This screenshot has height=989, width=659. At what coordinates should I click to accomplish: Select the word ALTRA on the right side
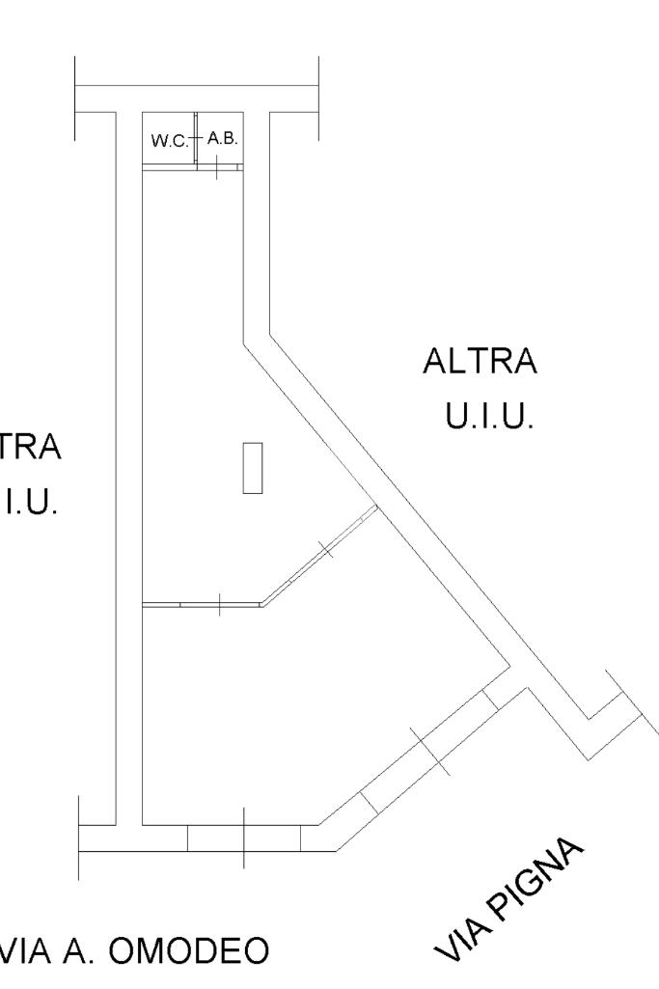(x=480, y=365)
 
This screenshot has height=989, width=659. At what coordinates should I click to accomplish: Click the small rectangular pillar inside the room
(x=253, y=468)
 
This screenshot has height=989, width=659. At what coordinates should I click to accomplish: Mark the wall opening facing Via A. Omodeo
(x=243, y=838)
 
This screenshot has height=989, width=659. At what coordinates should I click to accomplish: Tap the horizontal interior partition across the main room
(x=201, y=605)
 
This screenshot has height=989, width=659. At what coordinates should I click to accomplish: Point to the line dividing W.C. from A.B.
(x=196, y=141)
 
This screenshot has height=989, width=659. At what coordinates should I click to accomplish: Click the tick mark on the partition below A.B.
(x=218, y=167)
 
